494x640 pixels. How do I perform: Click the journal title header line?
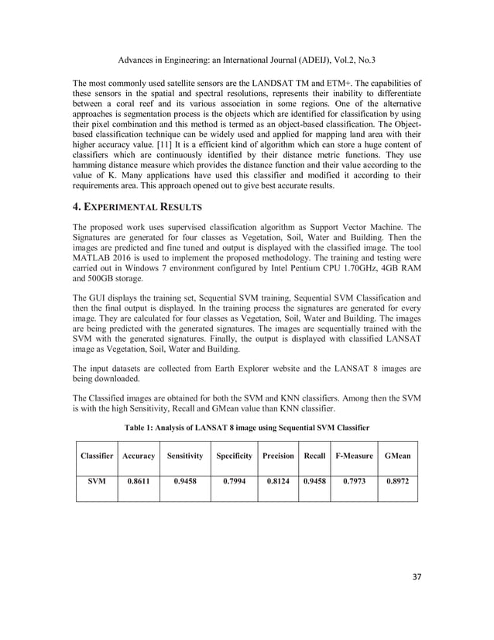pyautogui.click(x=247, y=59)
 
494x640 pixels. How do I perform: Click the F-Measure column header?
pyautogui.click(x=354, y=456)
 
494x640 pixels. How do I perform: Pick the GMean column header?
pyautogui.click(x=396, y=456)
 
